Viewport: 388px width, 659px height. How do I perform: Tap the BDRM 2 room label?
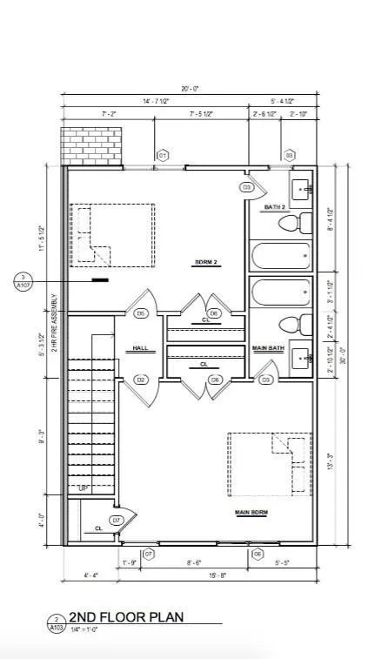pos(205,261)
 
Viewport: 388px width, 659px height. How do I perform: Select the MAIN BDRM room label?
pos(250,513)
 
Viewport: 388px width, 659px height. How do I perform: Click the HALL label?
pos(140,348)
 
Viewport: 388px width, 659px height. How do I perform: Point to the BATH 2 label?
pos(275,207)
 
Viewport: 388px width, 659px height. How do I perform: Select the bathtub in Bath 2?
pos(281,257)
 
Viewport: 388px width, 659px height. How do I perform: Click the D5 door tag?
pos(140,313)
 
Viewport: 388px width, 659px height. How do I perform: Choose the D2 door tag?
pos(140,380)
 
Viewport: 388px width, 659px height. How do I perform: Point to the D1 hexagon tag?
pos(162,156)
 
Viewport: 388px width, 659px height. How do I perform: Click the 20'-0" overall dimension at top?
pos(190,90)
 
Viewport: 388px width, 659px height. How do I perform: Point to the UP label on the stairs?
pos(82,488)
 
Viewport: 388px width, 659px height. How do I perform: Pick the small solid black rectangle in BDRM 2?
pos(101,279)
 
